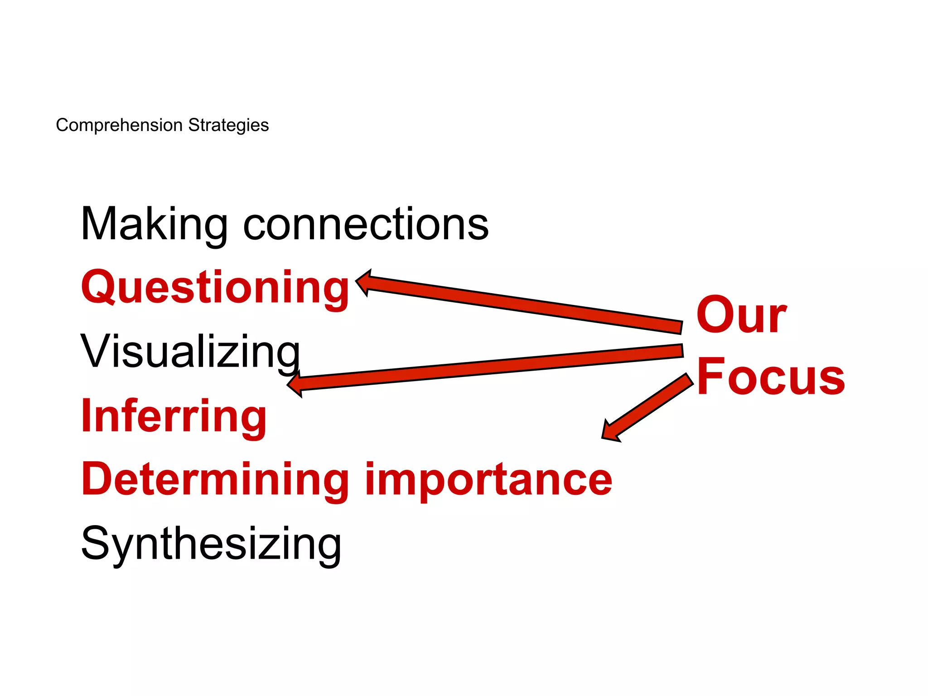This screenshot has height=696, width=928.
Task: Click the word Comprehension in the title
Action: [x=119, y=126]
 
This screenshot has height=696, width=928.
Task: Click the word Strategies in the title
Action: [x=228, y=126]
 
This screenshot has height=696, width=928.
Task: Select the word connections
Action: [x=366, y=224]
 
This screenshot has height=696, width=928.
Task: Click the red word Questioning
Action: [x=215, y=288]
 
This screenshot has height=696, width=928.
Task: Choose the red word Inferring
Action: [x=174, y=416]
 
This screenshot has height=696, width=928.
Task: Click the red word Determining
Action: [x=215, y=480]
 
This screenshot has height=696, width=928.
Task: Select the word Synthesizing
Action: [x=211, y=544]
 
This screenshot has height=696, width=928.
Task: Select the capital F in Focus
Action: [x=710, y=376]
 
